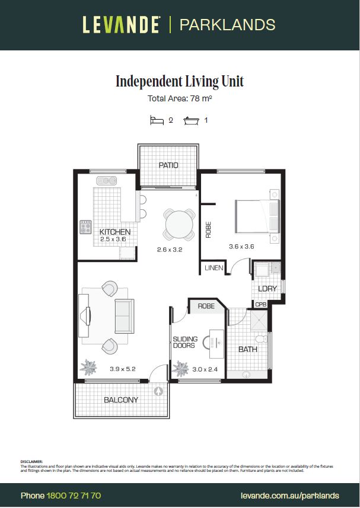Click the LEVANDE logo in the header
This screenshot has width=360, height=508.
[x=121, y=25]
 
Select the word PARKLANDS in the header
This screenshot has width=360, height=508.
[x=227, y=25]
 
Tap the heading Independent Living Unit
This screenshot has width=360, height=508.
[x=179, y=81]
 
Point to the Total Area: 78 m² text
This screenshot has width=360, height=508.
[x=179, y=99]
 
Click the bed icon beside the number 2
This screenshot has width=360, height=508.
[x=157, y=120]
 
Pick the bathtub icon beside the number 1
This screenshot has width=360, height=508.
[x=192, y=120]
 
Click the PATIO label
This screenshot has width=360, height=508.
[x=168, y=165]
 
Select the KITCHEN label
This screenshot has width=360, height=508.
[x=115, y=232]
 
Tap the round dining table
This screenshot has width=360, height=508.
[x=179, y=225]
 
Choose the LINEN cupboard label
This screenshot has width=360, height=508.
[x=214, y=268]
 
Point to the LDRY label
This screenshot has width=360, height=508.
[x=267, y=289]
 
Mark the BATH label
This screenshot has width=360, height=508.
[x=247, y=349]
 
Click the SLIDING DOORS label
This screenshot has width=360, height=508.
[x=184, y=342]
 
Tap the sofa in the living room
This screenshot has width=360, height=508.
[x=123, y=316]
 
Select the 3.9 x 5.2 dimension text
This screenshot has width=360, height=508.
[x=123, y=369]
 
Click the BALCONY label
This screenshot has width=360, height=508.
[x=121, y=400]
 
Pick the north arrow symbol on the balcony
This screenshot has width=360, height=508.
[x=158, y=391]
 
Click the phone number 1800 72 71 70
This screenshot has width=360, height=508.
[x=74, y=496]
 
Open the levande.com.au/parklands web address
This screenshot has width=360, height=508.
[x=290, y=496]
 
